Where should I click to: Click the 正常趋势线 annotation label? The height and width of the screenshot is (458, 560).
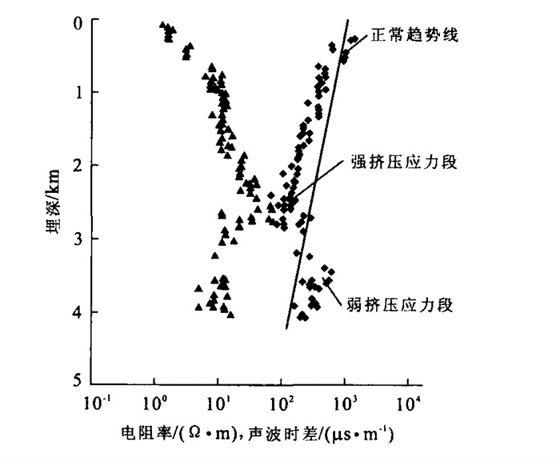[x=413, y=36]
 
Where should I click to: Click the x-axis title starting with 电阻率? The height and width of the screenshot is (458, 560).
[x=257, y=436]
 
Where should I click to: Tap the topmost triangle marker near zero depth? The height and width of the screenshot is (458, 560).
[x=162, y=25]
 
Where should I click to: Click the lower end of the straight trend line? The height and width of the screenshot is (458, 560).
[x=286, y=327]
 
